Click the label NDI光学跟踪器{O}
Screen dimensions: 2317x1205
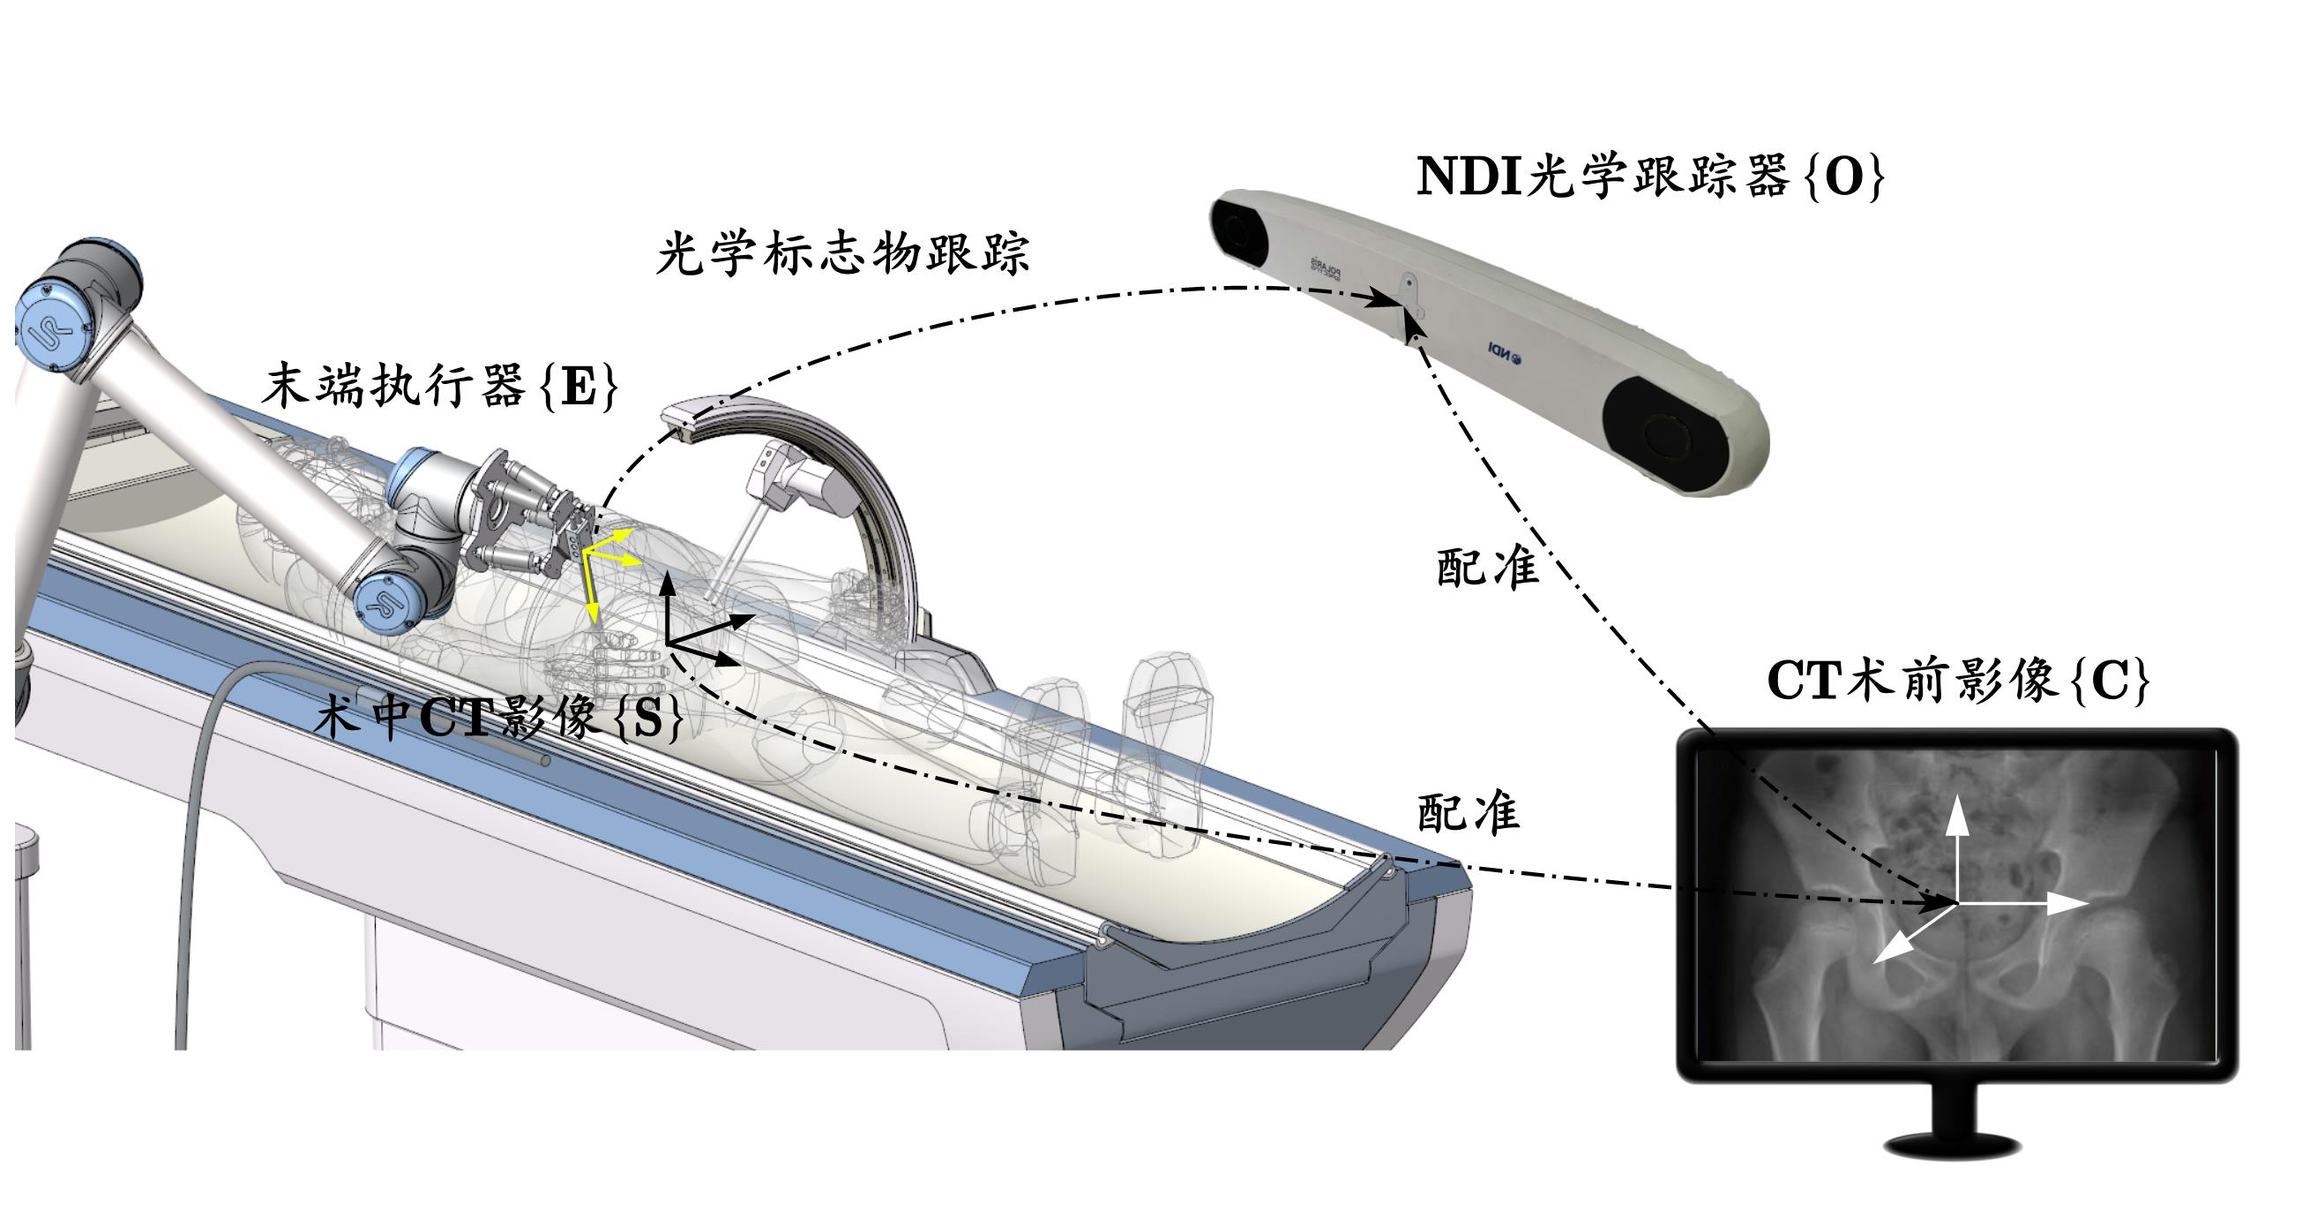click(x=1649, y=177)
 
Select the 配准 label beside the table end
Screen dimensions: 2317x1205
click(x=1468, y=813)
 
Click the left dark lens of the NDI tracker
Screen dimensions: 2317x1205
click(x=1239, y=230)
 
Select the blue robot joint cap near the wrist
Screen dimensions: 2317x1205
click(x=384, y=605)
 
